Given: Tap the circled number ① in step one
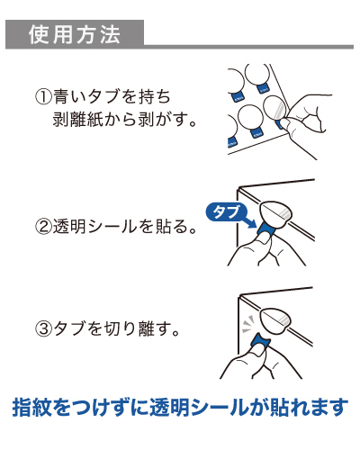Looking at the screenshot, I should point(42,96).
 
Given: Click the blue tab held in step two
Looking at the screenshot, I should point(266,231).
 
